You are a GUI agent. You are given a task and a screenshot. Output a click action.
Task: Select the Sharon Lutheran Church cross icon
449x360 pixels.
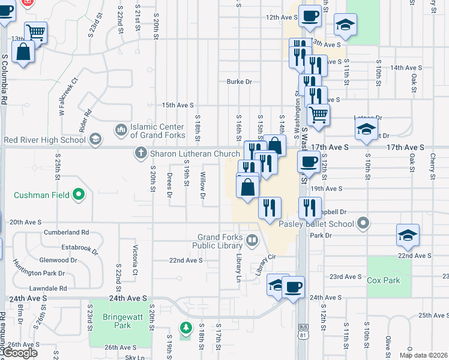(141, 154)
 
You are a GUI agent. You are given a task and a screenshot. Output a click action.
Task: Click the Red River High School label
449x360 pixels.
(44, 140)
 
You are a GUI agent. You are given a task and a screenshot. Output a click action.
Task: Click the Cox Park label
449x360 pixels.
(383, 280)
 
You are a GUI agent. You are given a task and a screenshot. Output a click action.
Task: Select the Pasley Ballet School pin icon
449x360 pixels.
(362, 224)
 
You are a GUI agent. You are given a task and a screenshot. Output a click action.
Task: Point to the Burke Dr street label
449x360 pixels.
(238, 82)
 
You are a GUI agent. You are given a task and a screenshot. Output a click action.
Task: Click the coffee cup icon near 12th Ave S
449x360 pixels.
(310, 17)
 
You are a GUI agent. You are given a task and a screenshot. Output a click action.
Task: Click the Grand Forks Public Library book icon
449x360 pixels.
(252, 241)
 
